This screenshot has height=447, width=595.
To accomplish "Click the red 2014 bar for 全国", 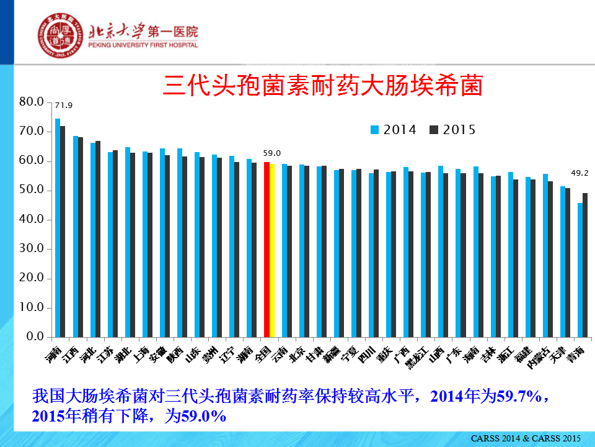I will [267, 249].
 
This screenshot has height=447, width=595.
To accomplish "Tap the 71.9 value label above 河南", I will [64, 106].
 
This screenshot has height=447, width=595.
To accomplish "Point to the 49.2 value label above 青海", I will [580, 173].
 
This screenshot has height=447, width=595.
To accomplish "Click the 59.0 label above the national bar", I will [272, 153].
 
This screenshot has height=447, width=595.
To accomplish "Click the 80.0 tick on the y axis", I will [32, 102].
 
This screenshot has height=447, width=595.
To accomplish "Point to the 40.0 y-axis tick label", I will [32, 219].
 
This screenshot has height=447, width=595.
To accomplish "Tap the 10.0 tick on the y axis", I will [32, 307].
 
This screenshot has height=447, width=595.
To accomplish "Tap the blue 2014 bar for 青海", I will [580, 269].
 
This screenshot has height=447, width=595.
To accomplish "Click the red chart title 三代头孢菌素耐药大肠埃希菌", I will [322, 86].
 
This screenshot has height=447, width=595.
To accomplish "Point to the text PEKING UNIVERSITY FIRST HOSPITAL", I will [143, 45].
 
